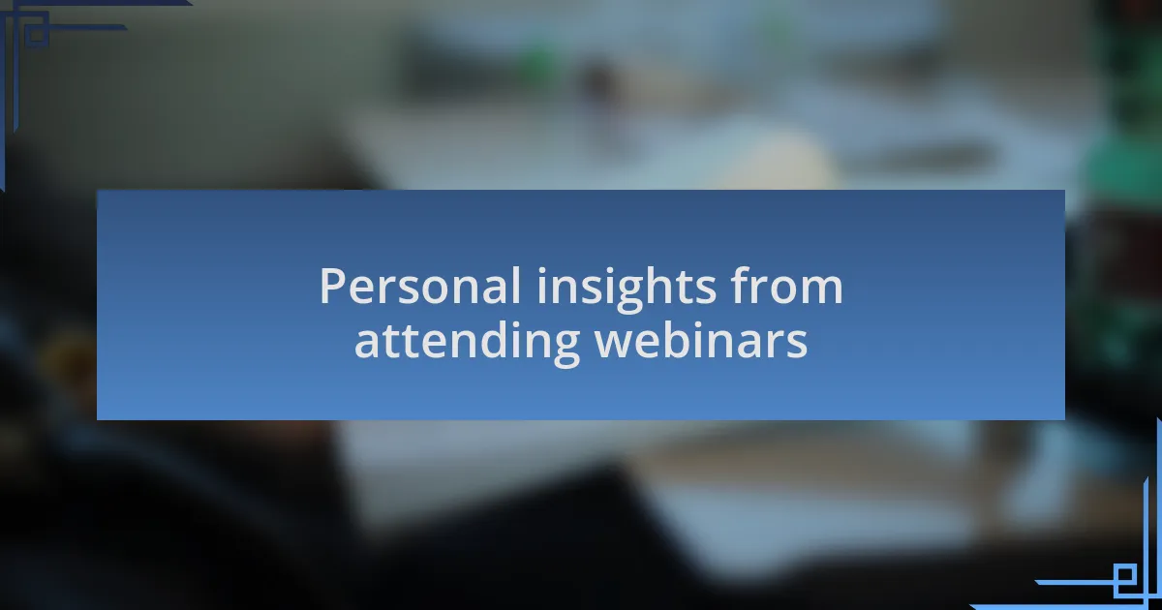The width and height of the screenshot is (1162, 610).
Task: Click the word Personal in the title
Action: [x=419, y=286]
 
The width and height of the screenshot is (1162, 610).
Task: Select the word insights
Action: [x=627, y=290]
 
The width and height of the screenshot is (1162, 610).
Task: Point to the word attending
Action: [x=467, y=343]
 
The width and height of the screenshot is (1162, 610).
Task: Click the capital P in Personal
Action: [x=332, y=286]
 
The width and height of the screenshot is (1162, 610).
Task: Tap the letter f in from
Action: [x=740, y=285]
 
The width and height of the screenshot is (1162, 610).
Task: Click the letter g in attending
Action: [x=566, y=350]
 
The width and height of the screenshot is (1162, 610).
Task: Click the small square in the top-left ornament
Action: [x=36, y=33]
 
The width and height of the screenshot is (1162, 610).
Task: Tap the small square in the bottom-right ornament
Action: [x=1125, y=574]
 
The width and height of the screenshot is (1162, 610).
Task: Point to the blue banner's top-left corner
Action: [x=97, y=191]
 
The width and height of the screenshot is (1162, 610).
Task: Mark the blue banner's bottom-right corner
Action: [x=1065, y=419]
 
